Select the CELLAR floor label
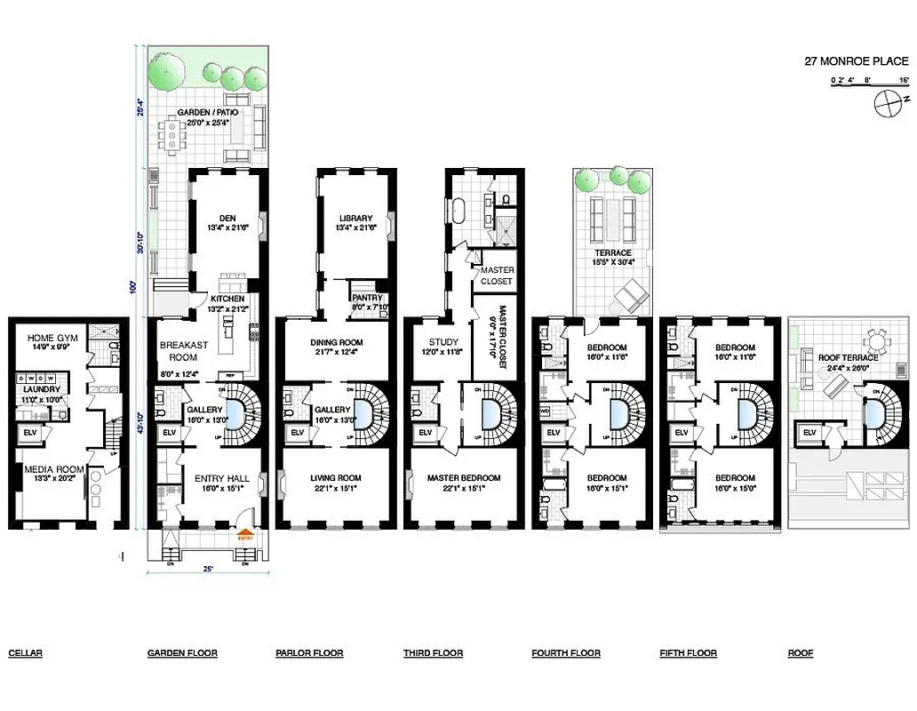25,653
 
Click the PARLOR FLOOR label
309,653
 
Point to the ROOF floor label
800,653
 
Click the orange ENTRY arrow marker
246,537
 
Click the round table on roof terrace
878,342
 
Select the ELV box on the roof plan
809,433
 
